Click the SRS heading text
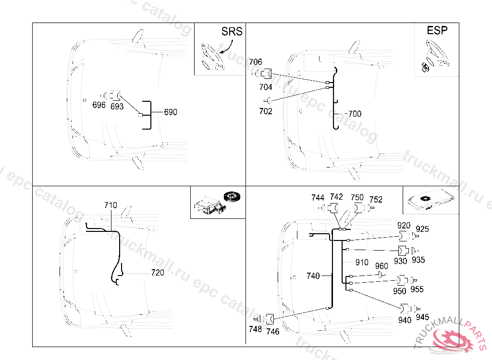[232, 32]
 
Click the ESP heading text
[437, 30]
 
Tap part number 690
[171, 112]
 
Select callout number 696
[99, 105]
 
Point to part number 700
[355, 114]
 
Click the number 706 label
[256, 62]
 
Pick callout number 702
[266, 111]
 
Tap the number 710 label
[111, 205]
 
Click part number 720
[158, 273]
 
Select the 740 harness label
[313, 276]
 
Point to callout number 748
[256, 329]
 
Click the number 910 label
[362, 263]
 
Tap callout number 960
[381, 266]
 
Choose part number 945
[422, 317]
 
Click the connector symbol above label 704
[266, 74]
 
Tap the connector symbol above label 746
[270, 318]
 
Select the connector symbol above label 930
[403, 251]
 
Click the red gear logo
[452, 340]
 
